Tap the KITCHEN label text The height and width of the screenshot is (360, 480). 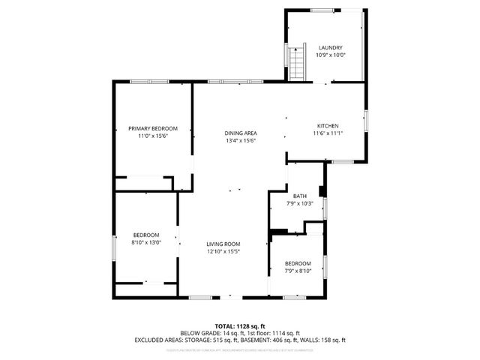coord(328,126)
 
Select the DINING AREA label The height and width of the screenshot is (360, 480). coord(241,133)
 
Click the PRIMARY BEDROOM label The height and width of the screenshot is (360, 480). coord(152,129)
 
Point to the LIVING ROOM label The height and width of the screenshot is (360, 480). coord(223,244)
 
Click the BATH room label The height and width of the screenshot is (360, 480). coord(299,196)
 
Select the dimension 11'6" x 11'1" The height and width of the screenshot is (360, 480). coord(328,133)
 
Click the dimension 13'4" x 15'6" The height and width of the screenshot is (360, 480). coord(241,141)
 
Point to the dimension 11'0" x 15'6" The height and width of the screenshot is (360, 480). coord(152,136)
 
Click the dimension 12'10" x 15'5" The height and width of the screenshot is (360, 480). coord(223,251)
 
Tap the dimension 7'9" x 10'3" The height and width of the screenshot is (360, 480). coord(299,203)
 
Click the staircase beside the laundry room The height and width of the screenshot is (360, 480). coord(297,63)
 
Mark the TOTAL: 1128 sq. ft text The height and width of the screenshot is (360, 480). coord(240,325)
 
